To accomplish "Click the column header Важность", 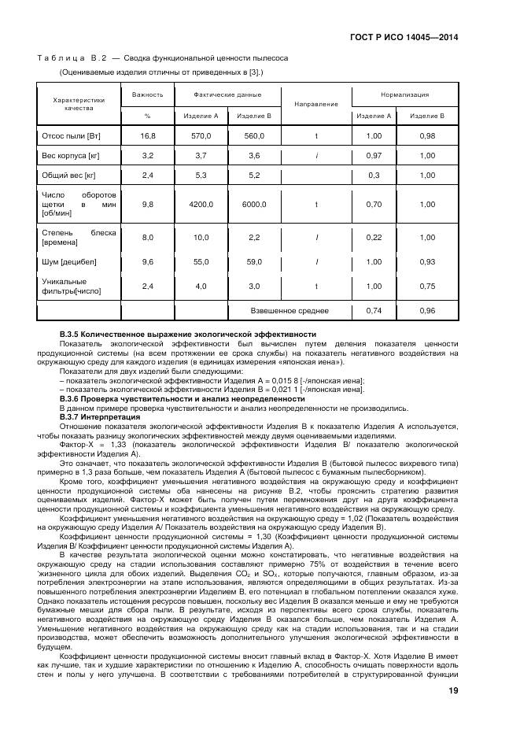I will [146, 94].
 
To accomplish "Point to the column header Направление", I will [315, 104].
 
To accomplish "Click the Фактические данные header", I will [227, 94].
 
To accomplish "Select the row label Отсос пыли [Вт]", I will [71, 136].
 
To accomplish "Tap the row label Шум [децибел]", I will [69, 261].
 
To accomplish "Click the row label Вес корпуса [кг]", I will [70, 156].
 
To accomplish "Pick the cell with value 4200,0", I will [201, 205].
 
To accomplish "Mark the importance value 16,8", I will [147, 136].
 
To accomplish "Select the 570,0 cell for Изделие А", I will [201, 136].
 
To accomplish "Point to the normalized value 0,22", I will [374, 237].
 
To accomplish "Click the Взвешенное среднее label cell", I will [290, 311].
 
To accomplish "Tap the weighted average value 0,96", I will [427, 311].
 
